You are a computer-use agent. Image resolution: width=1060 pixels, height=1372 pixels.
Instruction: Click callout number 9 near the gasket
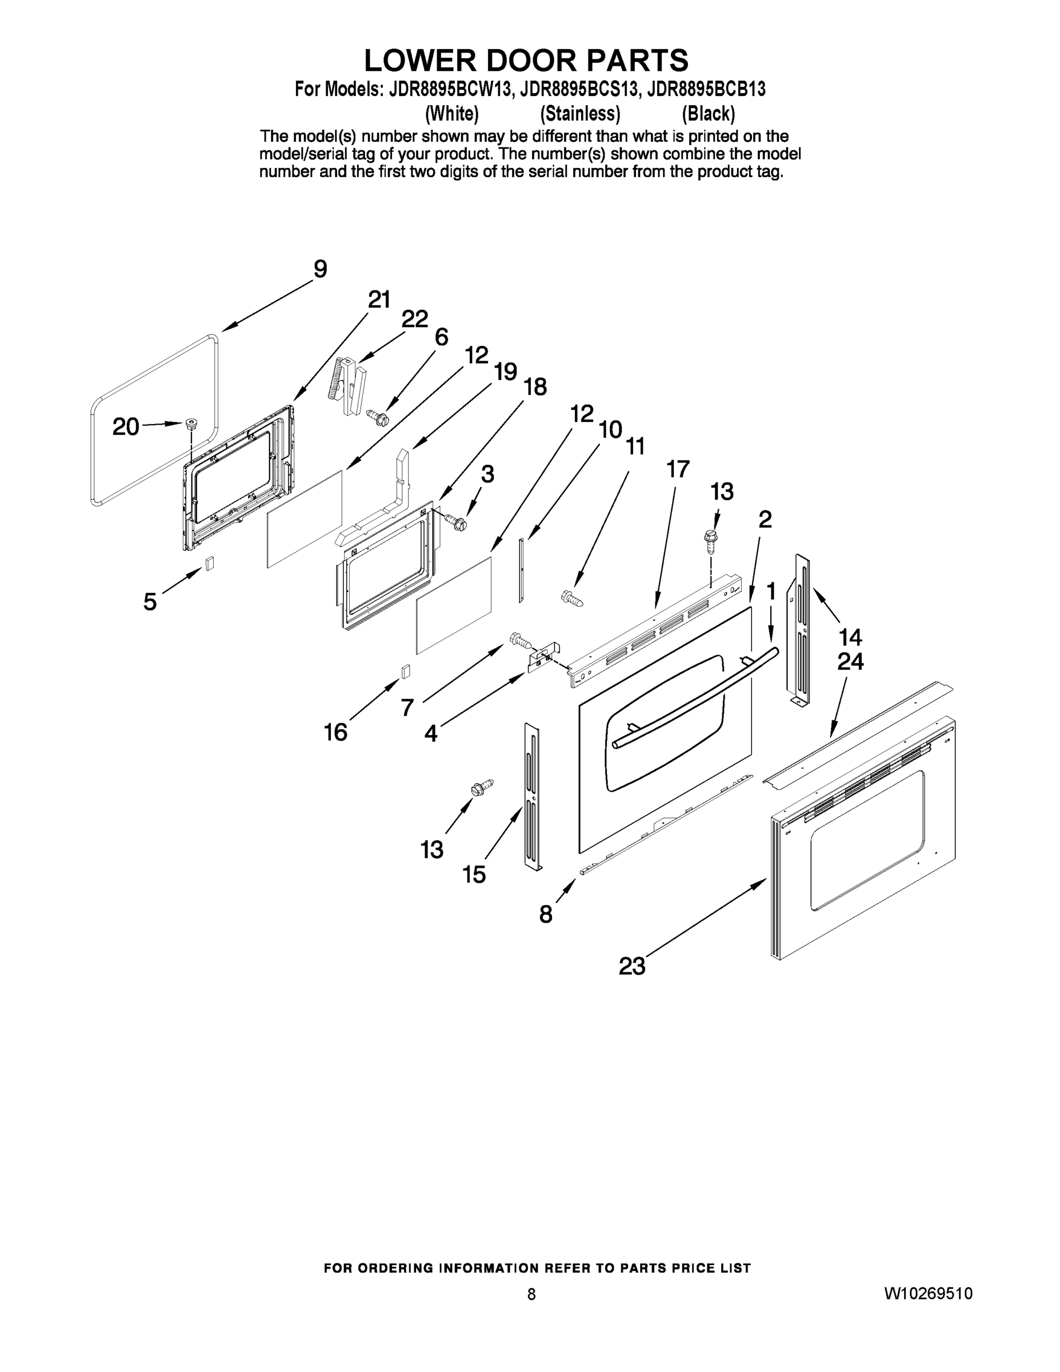(320, 269)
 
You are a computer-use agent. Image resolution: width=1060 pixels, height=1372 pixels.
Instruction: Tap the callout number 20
(126, 427)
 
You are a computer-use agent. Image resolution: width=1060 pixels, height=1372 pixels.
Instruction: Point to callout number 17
(678, 469)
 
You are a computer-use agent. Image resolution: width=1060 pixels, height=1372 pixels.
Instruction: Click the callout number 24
(850, 661)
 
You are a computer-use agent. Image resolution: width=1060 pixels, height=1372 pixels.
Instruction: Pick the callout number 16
(335, 732)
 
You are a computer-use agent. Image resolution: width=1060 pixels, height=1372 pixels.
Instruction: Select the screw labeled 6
(379, 416)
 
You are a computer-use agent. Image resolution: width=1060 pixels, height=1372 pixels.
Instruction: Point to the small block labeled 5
(210, 563)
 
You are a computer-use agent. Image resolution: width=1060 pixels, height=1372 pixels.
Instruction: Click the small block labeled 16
(406, 671)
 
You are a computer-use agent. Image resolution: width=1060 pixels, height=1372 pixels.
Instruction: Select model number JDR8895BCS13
(575, 90)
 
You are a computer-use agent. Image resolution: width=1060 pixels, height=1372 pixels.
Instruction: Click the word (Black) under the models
(709, 114)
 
